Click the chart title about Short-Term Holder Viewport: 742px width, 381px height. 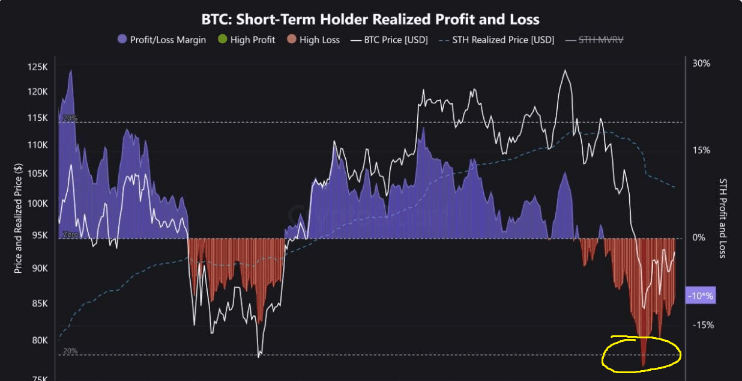point(370,19)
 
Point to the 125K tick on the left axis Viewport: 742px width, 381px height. point(38,67)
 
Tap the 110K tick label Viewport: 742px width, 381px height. point(38,145)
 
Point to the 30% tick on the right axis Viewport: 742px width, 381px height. point(701,63)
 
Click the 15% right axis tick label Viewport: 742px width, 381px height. point(701,150)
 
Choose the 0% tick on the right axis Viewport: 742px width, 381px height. point(699,238)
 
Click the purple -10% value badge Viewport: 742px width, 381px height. point(700,296)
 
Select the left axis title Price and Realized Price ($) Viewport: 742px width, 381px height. point(18,219)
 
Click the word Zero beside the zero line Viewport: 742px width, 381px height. point(70,235)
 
